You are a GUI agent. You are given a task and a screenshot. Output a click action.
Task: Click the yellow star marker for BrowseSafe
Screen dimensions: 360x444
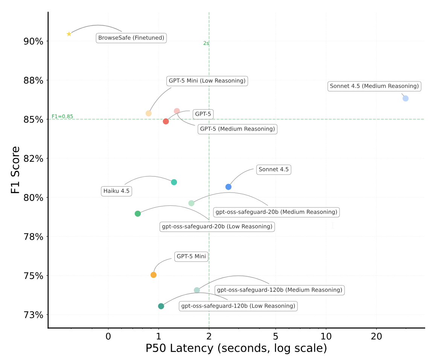click(x=69, y=34)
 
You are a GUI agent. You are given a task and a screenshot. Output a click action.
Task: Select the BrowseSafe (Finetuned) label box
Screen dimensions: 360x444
click(x=131, y=38)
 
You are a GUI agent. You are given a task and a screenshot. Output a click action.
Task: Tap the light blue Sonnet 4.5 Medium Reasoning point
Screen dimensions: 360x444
click(x=405, y=98)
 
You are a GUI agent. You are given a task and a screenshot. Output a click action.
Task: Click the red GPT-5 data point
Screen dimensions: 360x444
click(x=166, y=121)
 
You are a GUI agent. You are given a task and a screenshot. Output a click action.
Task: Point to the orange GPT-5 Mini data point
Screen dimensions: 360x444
click(x=153, y=275)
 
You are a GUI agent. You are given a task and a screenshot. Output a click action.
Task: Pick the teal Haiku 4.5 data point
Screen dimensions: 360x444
click(x=174, y=182)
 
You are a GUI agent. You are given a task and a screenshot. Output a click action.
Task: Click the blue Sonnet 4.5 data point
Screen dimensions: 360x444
click(x=228, y=187)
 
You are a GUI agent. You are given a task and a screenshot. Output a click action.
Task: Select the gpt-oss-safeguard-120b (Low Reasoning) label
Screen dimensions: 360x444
click(x=238, y=306)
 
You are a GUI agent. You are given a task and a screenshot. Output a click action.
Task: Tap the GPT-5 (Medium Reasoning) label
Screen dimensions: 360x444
click(x=237, y=129)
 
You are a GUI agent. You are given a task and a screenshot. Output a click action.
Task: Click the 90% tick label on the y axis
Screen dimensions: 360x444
click(x=33, y=41)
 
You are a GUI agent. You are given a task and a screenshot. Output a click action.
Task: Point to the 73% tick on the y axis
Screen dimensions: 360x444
click(x=33, y=315)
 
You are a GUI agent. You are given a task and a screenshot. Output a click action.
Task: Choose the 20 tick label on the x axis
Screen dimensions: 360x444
click(x=376, y=335)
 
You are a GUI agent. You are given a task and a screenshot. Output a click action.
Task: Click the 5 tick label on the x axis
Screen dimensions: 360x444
click(x=276, y=335)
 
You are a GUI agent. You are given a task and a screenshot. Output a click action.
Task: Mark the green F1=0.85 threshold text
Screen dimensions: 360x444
click(x=63, y=116)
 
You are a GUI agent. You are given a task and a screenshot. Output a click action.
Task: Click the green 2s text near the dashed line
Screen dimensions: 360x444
click(x=206, y=43)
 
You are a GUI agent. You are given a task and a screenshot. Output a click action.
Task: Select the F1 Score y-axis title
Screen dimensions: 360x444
click(x=15, y=170)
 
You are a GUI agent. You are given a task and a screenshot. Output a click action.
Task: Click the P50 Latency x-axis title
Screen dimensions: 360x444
click(x=236, y=348)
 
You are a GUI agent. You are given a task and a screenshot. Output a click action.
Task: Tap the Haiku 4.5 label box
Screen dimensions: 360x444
click(x=116, y=191)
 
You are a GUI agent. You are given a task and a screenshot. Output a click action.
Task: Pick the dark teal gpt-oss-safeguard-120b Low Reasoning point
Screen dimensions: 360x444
click(x=161, y=306)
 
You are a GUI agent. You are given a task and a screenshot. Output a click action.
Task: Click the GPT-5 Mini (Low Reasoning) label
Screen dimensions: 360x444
click(x=207, y=81)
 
